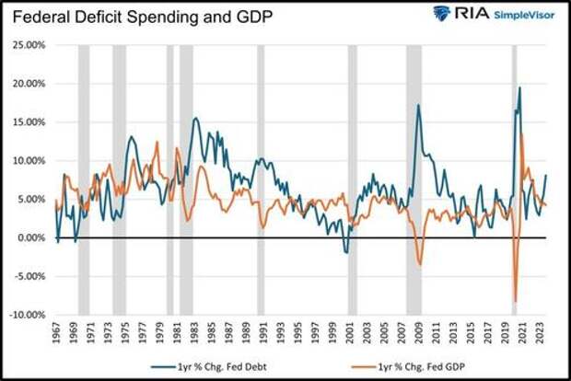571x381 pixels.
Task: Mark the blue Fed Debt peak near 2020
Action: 520,88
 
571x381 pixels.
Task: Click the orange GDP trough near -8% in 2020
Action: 515,300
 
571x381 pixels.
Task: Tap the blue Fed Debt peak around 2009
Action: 419,105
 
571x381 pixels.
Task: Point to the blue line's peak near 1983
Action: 195,118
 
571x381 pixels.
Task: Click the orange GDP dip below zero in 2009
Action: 420,264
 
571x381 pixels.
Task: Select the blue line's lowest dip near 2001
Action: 347,252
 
